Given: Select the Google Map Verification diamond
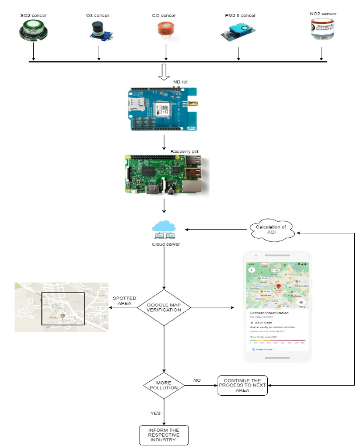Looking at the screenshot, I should click(x=165, y=307).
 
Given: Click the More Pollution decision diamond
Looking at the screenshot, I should click(x=165, y=385).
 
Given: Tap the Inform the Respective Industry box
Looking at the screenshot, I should click(x=164, y=435).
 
